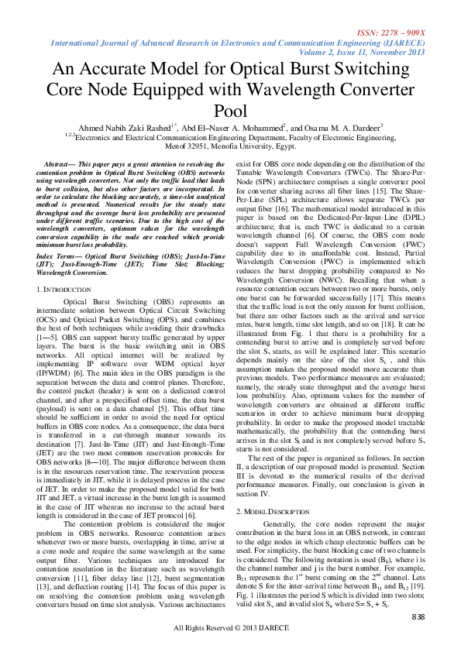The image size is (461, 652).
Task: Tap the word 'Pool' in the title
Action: coord(230,112)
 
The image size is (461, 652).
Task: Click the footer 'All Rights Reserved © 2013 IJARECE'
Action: coord(230,627)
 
